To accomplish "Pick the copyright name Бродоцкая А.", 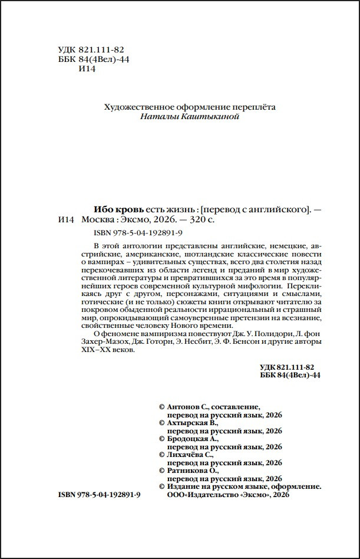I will [x=193, y=439].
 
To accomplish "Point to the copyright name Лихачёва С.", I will [x=191, y=455].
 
